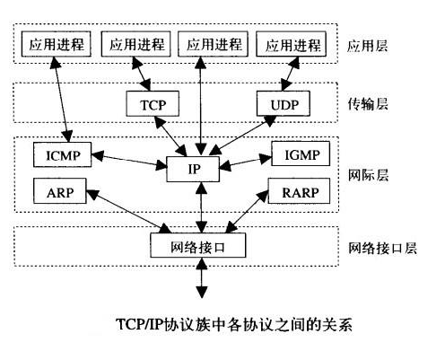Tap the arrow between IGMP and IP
245,162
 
